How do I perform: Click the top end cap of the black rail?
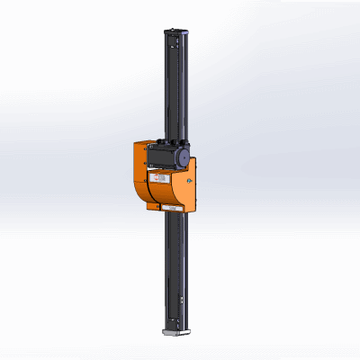click(x=175, y=31)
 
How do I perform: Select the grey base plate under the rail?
click(x=175, y=332)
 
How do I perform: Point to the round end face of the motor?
click(x=183, y=157)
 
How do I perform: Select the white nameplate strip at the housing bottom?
click(x=171, y=207)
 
